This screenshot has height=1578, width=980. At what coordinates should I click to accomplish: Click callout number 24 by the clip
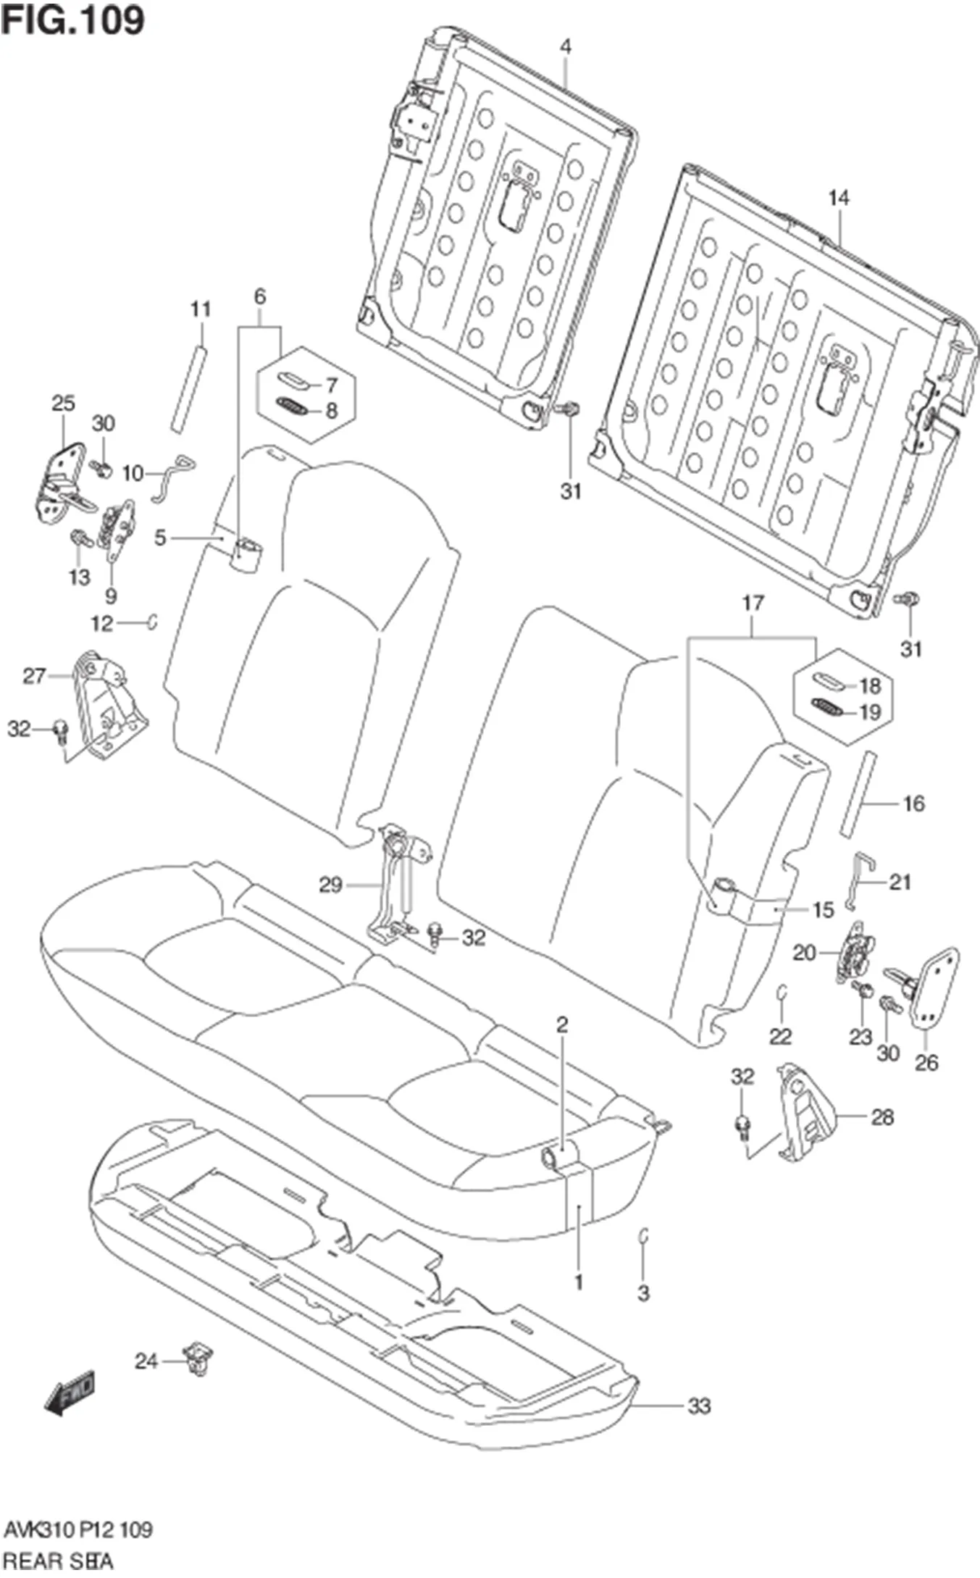146,1361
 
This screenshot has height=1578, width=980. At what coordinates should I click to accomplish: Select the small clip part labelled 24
198,1357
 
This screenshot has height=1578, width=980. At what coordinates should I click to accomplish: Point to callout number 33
698,1406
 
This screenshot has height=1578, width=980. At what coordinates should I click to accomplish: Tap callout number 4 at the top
566,47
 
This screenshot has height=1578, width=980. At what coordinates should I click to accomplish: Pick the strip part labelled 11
188,389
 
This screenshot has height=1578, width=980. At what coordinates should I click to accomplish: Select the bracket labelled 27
109,703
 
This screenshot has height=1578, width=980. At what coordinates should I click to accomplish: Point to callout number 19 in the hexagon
869,712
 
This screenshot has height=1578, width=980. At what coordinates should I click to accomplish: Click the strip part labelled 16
857,795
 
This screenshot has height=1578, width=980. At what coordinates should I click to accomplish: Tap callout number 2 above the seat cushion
562,1025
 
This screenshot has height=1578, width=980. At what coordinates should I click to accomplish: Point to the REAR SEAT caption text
58,1559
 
